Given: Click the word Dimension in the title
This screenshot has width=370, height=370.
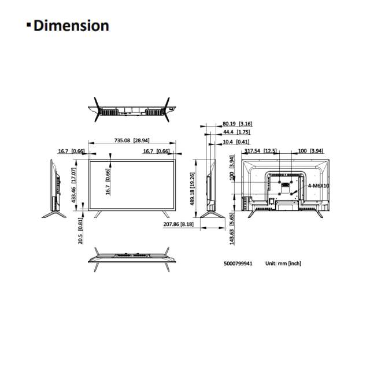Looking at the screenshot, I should point(71,26).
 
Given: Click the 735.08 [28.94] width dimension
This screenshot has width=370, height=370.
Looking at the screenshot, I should point(132,140).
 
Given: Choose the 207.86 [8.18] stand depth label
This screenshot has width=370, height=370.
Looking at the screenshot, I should point(179,224).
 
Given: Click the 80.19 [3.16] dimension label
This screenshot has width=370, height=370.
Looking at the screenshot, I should point(237,124).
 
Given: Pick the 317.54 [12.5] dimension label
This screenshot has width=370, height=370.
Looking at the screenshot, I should point(260,151).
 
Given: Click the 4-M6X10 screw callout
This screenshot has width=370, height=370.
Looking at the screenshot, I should point(318,186).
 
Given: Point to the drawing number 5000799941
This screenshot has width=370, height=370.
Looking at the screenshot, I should point(239,263).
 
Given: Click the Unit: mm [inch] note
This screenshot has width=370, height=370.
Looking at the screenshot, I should point(284,263).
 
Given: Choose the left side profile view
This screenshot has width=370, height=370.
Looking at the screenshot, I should point(54,189).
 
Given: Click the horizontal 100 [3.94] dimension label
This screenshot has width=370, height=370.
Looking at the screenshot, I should point(310,151).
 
